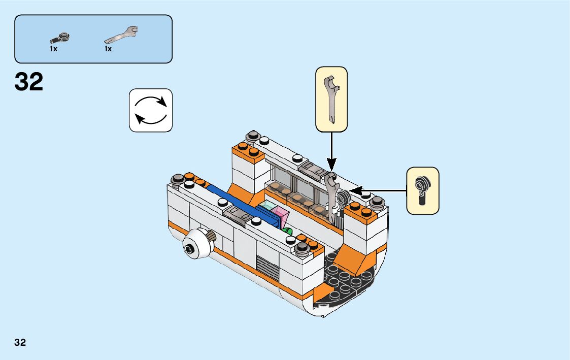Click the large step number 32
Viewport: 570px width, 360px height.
point(29,82)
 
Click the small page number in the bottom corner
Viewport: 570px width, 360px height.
point(20,342)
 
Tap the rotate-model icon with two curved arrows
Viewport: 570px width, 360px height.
point(151,110)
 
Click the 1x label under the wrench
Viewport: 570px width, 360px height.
point(108,49)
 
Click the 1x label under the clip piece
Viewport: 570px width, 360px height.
point(54,49)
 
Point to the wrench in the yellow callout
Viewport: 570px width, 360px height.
point(331,99)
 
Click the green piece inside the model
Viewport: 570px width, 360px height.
point(289,231)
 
